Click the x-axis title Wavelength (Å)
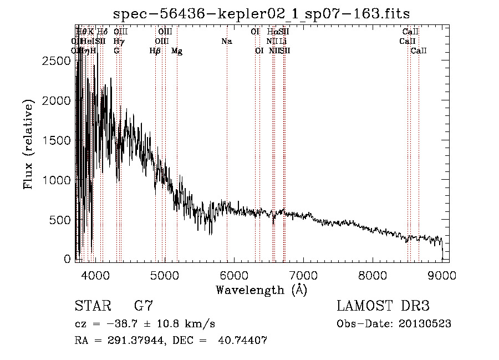[x=261, y=290]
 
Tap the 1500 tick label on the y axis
[x=57, y=140]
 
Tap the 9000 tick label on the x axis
[x=442, y=275]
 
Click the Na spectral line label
[x=226, y=42]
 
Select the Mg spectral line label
[x=177, y=51]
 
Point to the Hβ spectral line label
[x=155, y=51]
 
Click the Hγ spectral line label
[x=118, y=42]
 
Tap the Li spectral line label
[x=283, y=42]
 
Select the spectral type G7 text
[x=144, y=306]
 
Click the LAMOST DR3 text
[x=383, y=306]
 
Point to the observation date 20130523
[x=424, y=324]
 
